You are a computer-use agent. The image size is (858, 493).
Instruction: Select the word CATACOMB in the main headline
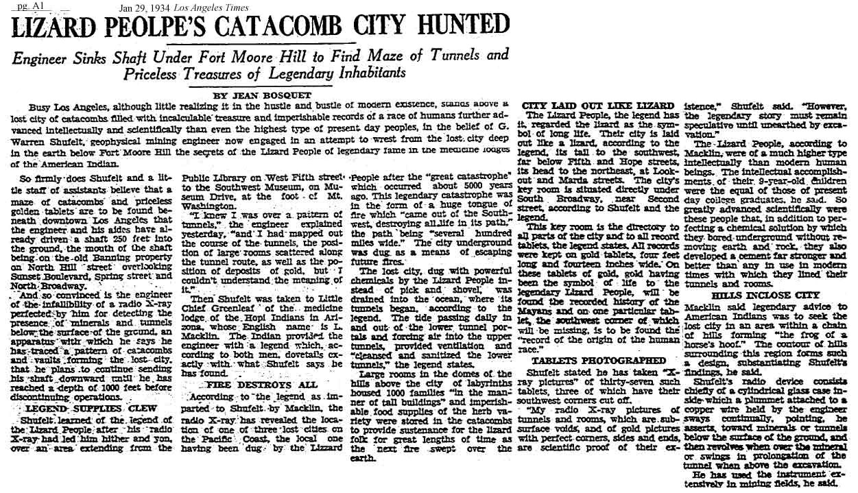272,27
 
